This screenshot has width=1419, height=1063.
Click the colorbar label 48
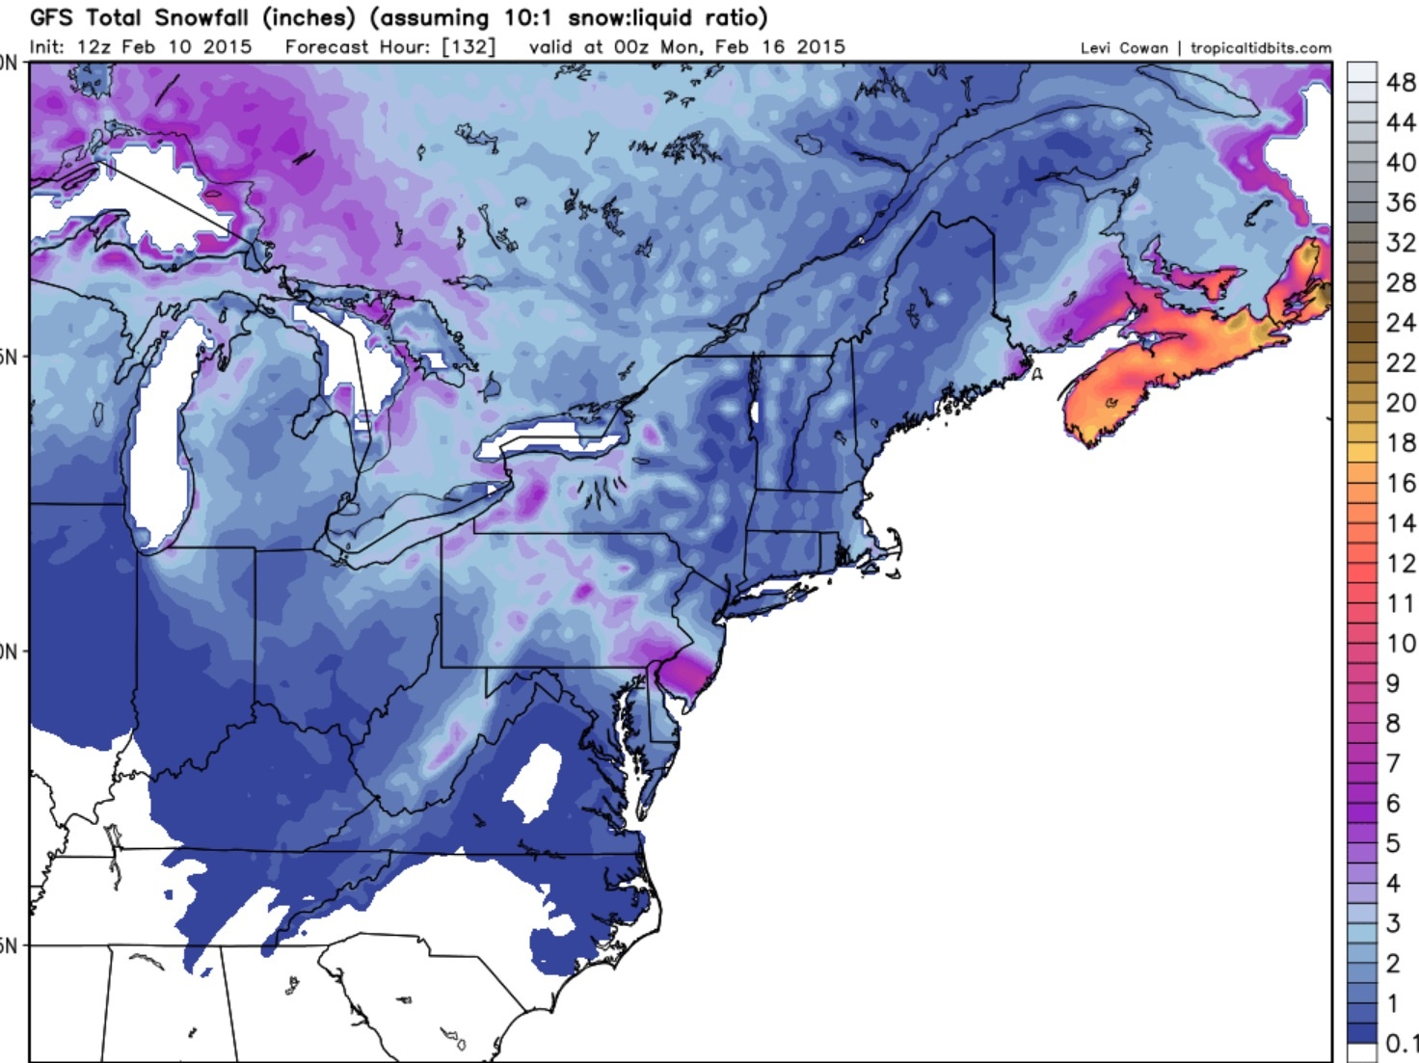point(1401,83)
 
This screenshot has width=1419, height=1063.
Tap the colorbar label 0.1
point(1400,1043)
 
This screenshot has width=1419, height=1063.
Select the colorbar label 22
point(1401,362)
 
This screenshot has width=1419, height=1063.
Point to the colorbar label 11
point(1401,603)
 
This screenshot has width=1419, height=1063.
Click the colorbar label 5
point(1393,843)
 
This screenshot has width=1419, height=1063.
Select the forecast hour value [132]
point(468,46)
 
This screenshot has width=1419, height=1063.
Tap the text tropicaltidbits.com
point(1260,48)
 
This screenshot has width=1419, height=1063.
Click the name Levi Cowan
point(1123,48)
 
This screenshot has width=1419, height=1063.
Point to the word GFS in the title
point(51,17)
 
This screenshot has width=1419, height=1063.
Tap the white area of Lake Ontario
point(549,438)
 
